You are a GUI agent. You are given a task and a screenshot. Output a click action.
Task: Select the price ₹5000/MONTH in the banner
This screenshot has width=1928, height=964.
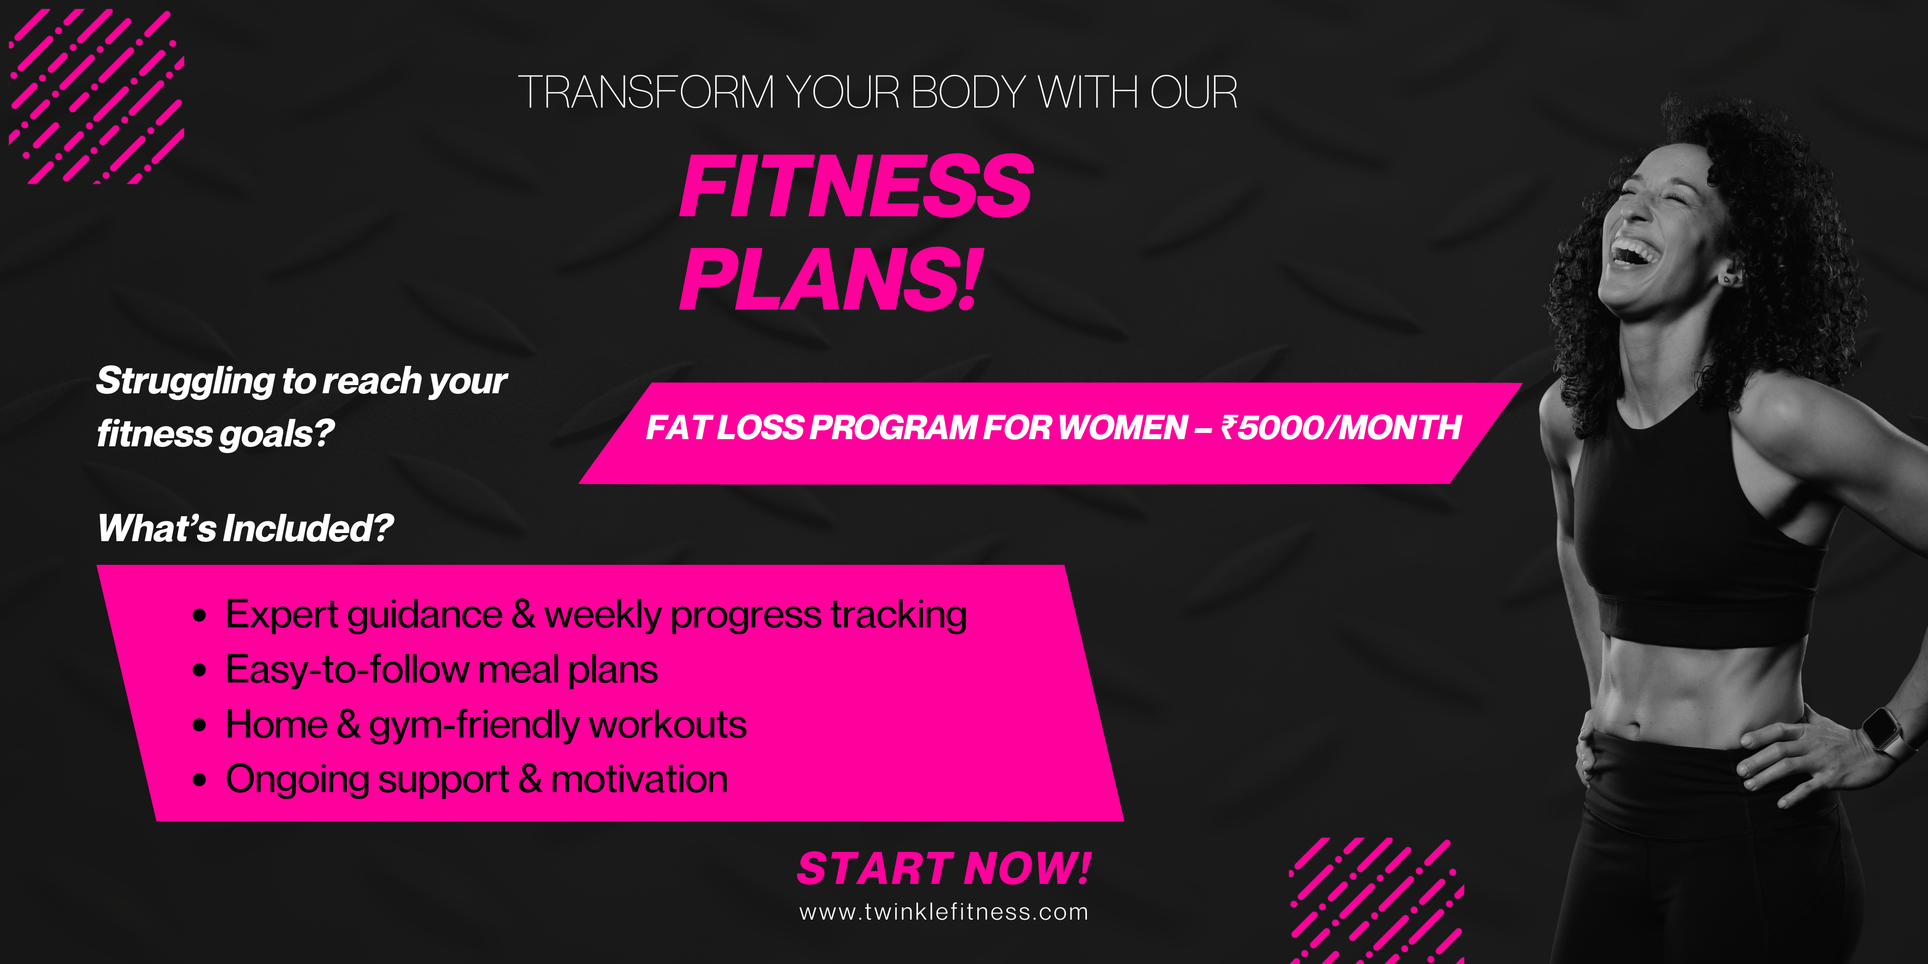coord(1340,427)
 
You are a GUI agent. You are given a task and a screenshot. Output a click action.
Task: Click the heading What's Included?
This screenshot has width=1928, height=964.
coord(245,528)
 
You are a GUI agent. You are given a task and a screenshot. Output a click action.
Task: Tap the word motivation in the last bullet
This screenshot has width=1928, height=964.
coord(639,779)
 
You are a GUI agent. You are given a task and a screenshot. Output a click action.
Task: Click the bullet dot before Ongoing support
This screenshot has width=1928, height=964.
coord(199,780)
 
